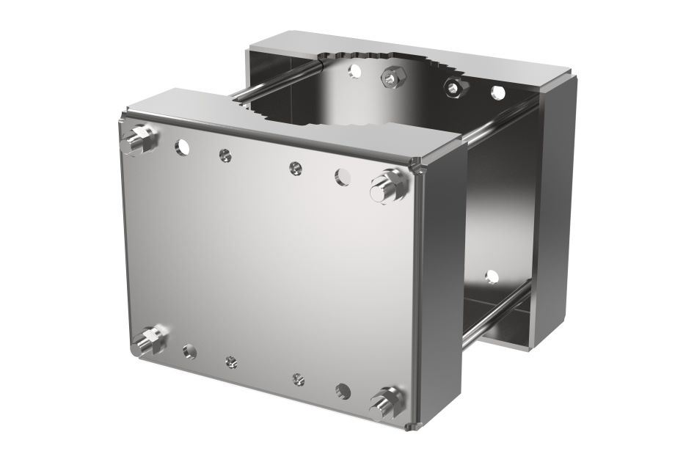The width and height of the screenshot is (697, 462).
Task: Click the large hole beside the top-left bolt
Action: point(181,147)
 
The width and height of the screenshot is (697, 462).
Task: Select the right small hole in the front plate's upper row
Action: point(293,168)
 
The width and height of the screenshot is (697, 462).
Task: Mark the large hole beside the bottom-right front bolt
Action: point(343,390)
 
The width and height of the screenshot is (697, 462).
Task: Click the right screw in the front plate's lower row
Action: point(298,378)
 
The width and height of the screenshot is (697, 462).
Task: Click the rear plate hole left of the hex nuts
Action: point(356,70)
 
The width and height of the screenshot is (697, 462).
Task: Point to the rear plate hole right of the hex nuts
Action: point(498,93)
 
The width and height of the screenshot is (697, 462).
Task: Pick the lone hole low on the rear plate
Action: point(492,276)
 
